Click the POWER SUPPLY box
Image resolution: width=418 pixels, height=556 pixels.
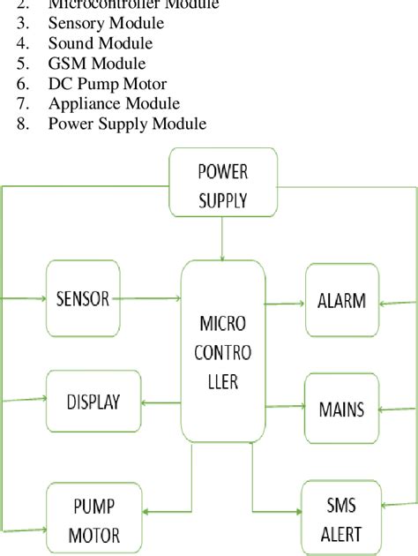(x=222, y=184)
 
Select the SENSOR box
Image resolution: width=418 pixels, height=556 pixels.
(x=82, y=298)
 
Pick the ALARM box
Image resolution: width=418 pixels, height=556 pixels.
(x=341, y=300)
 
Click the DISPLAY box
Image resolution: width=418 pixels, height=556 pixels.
(x=92, y=402)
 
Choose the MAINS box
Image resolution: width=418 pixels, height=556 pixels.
(x=340, y=409)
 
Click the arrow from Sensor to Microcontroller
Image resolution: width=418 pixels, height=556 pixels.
(x=149, y=299)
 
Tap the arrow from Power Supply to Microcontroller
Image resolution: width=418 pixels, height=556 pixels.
(x=222, y=238)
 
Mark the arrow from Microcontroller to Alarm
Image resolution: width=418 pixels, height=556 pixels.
(x=284, y=304)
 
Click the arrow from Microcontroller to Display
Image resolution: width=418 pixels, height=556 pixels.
(x=161, y=403)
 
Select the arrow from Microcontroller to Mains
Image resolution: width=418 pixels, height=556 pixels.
(x=284, y=407)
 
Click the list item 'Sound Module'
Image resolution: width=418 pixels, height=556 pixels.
(x=100, y=43)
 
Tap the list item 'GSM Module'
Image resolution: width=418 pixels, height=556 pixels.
(x=96, y=64)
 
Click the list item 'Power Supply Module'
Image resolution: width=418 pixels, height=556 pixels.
(x=127, y=124)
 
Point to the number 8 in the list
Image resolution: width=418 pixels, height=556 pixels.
(x=22, y=124)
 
